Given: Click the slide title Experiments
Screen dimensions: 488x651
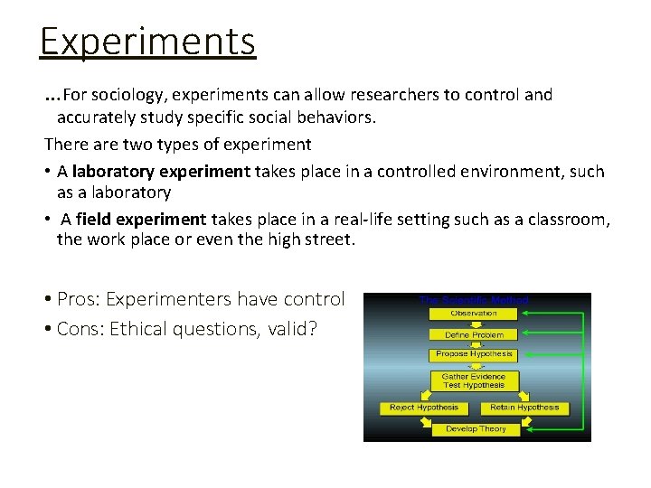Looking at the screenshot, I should pyautogui.click(x=147, y=41).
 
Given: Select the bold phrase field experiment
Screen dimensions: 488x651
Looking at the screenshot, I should pyautogui.click(x=141, y=220).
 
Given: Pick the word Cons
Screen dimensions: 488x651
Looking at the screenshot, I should pyautogui.click(x=80, y=329).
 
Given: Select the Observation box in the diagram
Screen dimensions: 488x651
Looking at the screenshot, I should pyautogui.click(x=474, y=314).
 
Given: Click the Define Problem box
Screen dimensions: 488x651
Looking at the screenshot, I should pyautogui.click(x=474, y=334).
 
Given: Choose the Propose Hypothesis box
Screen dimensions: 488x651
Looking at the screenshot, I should pyautogui.click(x=474, y=354).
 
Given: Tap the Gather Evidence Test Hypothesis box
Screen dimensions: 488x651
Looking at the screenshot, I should pyautogui.click(x=474, y=380).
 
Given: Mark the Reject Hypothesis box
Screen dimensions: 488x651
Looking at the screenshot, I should pyautogui.click(x=423, y=408).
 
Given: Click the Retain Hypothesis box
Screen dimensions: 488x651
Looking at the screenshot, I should pyautogui.click(x=524, y=408).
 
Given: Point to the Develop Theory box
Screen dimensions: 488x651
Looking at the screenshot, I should pyautogui.click(x=474, y=429).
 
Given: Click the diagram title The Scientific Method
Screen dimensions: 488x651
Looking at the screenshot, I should pyautogui.click(x=474, y=299).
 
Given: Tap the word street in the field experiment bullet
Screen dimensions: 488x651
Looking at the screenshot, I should pyautogui.click(x=330, y=239).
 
